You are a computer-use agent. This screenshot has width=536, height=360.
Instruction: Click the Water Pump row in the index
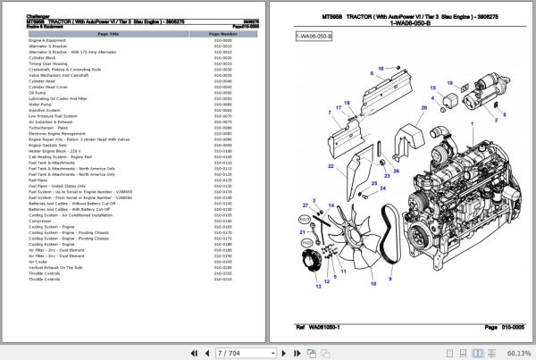click(41, 104)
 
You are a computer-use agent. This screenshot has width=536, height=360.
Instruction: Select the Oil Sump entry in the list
click(37, 92)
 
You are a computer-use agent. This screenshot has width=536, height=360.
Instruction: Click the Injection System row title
click(46, 110)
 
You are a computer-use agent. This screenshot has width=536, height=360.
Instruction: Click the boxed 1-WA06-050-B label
click(314, 35)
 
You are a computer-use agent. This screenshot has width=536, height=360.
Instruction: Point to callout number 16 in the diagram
click(381, 68)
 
